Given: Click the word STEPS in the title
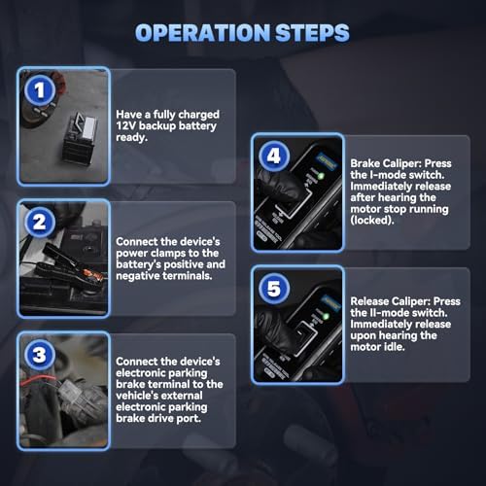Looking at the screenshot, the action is pos(312,33).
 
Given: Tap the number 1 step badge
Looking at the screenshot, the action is pos(40,90).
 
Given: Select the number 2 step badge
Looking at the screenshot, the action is pos(40,223).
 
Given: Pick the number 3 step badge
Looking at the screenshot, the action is pos(40,355).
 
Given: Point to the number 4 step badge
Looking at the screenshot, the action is pos(274,156).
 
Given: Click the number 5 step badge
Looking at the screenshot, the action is pos(274,289).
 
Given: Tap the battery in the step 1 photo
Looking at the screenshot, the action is pos(80,138).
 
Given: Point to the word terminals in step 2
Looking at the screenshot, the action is pos(187,276).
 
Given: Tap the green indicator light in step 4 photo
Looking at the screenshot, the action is pos(321,177).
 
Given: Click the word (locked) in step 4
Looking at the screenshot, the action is pos(372,221).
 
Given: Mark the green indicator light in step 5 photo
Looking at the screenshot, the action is pos(326,316).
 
